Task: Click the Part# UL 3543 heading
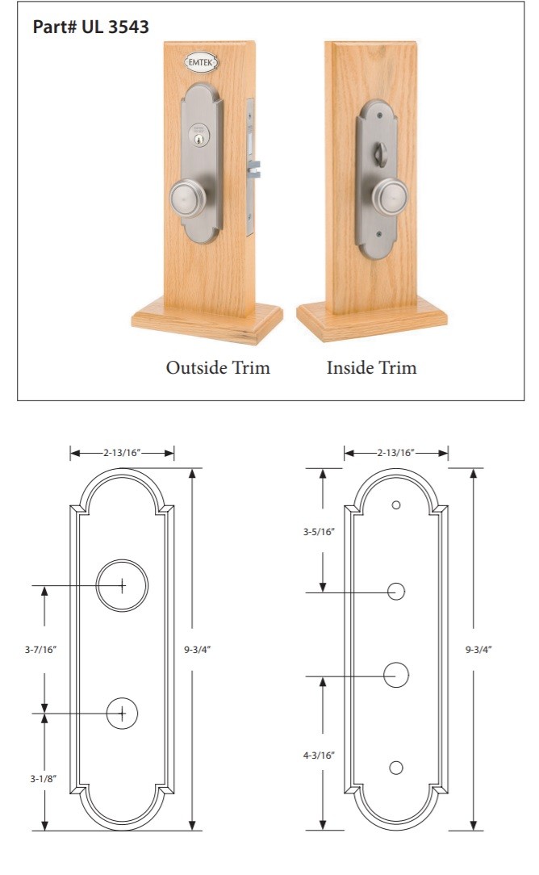(x=91, y=27)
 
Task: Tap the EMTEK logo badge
(x=201, y=62)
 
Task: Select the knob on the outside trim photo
(x=188, y=198)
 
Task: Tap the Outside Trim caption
(x=218, y=367)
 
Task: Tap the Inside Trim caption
(x=372, y=367)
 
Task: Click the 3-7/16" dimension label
(x=40, y=650)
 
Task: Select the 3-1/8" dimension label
(x=44, y=778)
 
